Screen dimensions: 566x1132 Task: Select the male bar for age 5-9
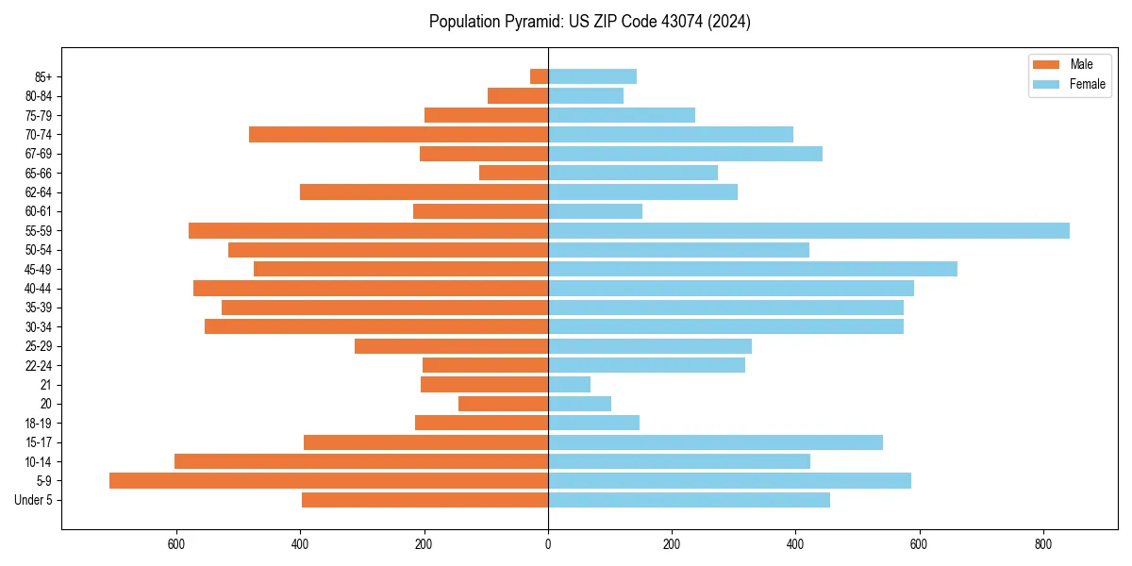tap(328, 481)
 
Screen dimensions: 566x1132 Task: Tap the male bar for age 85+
tap(539, 76)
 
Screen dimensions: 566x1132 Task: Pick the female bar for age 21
tap(569, 385)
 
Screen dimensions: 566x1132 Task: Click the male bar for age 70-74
tap(398, 135)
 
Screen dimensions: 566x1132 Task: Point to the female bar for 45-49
tap(752, 269)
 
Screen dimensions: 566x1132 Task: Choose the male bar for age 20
tap(503, 404)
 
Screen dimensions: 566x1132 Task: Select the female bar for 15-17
tap(715, 442)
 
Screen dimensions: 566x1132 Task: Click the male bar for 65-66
tap(513, 173)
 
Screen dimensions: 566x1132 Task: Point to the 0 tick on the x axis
tap(548, 544)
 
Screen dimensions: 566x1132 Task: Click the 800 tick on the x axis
tap(1042, 544)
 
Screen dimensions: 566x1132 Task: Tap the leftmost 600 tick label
tap(176, 544)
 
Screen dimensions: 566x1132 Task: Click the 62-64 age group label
tap(39, 192)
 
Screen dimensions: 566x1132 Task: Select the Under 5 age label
tap(34, 500)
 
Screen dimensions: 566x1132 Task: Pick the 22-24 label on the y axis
tap(39, 366)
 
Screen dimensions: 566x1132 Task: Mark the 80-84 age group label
tap(39, 96)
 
